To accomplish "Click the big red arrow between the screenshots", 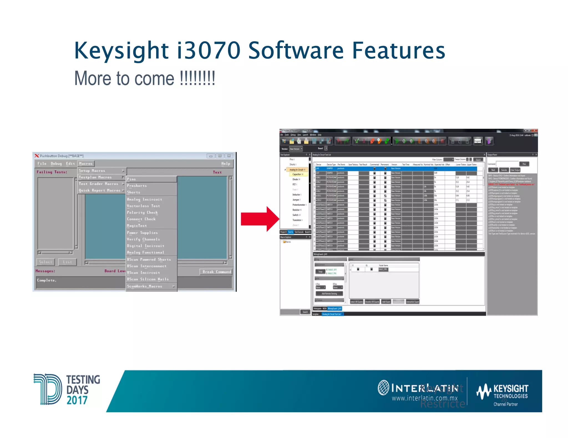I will point(260,219).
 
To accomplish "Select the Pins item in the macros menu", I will point(132,179).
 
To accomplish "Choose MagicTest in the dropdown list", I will point(137,226).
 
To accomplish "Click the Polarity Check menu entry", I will point(142,212).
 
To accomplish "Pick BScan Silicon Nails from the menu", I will point(148,279).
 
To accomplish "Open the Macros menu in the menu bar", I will point(86,164).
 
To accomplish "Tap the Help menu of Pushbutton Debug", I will point(225,164).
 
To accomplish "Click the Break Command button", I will point(217,272).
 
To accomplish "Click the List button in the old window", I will point(67,262).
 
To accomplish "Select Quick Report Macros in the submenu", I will point(100,190).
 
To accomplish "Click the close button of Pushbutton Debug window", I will point(229,156).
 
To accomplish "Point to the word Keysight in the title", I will point(121,50).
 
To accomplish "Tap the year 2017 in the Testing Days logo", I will point(77,400).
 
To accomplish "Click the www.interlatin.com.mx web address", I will point(424,398).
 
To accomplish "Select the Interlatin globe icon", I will point(384,388).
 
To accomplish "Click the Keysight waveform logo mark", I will point(484,391).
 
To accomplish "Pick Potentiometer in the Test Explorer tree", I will point(298,205).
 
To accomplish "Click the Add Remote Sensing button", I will point(329,293).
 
